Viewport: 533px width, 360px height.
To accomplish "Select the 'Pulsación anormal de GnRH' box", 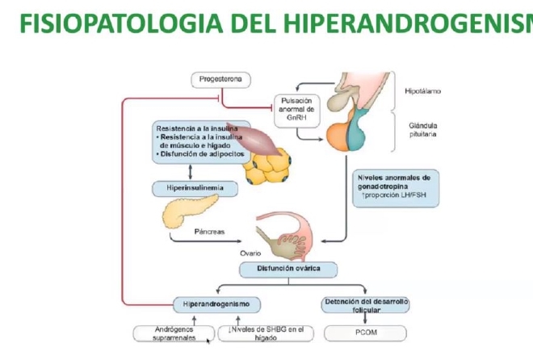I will point(296,109).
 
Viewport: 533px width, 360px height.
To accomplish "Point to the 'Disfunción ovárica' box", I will point(287,270).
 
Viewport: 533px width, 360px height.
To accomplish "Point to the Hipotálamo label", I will point(422,91).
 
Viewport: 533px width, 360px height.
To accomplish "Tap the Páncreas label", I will point(209,232).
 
